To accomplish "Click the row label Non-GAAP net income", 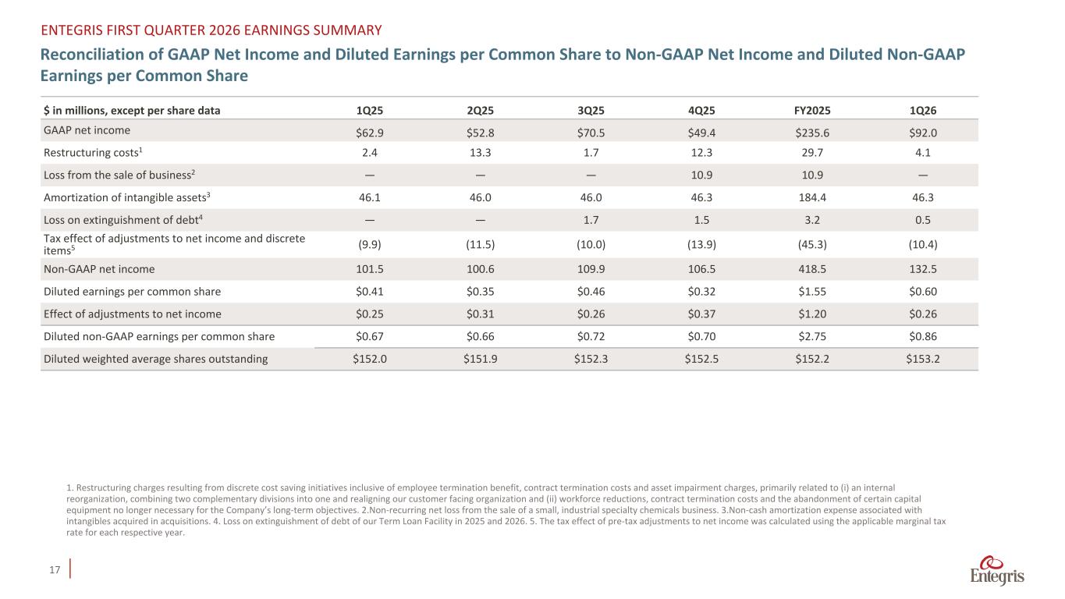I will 98,269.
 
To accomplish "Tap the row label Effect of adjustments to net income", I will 132,314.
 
